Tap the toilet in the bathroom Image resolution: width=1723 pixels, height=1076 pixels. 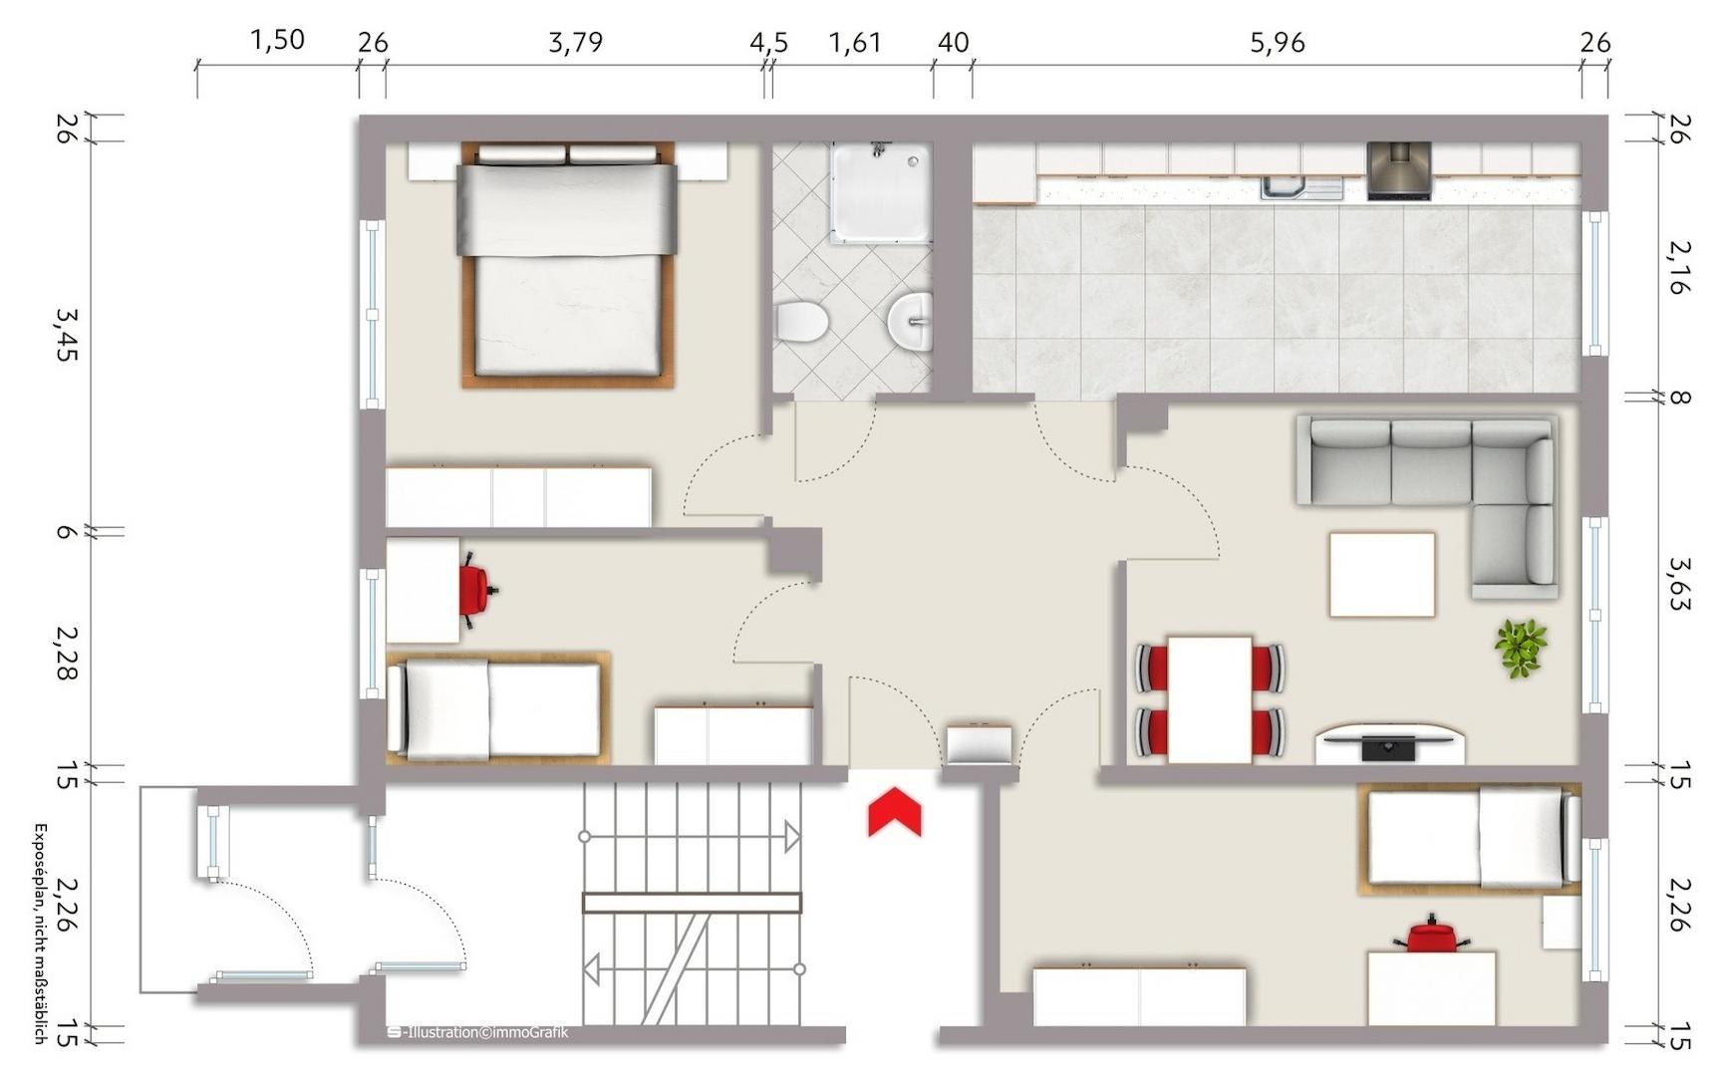[x=802, y=322]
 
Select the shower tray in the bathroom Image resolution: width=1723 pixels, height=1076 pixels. [x=882, y=192]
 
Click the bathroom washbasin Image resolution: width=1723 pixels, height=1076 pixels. [x=910, y=322]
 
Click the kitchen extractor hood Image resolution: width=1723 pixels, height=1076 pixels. [x=1399, y=170]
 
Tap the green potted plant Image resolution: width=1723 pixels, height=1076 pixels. [x=1521, y=648]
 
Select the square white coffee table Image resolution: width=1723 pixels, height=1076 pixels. [x=1382, y=575]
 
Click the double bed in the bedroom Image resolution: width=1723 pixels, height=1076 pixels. [x=566, y=264]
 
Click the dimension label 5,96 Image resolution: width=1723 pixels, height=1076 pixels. [x=1278, y=43]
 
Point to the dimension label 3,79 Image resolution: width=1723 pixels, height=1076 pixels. [x=576, y=42]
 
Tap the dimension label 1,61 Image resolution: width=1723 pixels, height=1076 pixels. [x=855, y=42]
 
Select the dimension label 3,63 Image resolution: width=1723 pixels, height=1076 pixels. [x=1680, y=583]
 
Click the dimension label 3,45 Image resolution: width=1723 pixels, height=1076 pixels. [x=66, y=334]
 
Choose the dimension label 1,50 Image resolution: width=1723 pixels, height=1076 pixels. [x=277, y=40]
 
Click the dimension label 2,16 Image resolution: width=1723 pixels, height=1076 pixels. [x=1680, y=267]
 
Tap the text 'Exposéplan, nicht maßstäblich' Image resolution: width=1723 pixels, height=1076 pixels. [x=41, y=934]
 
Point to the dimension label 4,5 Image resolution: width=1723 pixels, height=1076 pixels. [x=768, y=42]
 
